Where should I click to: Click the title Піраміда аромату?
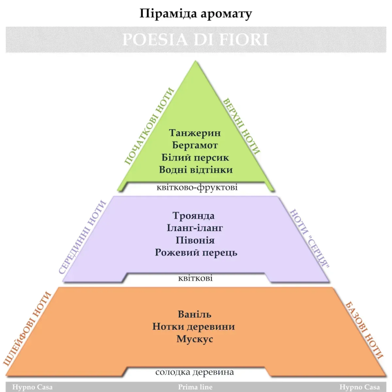pyautogui.click(x=196, y=14)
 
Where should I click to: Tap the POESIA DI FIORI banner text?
pyautogui.click(x=196, y=39)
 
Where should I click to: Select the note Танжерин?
pyautogui.click(x=195, y=133)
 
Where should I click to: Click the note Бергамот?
pyautogui.click(x=195, y=145)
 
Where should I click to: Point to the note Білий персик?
pyautogui.click(x=195, y=157)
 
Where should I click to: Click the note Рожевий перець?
pyautogui.click(x=196, y=252)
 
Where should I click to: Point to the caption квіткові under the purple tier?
pyautogui.click(x=195, y=278)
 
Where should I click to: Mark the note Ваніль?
pyautogui.click(x=194, y=314)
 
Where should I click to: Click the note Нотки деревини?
pyautogui.click(x=194, y=327)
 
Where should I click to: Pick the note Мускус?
pyautogui.click(x=194, y=339)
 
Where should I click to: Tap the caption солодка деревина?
pyautogui.click(x=194, y=372)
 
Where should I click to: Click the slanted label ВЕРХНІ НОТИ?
pyautogui.click(x=242, y=126)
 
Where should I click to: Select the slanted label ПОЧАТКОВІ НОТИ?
pyautogui.click(x=150, y=126)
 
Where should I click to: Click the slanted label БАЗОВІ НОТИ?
pyautogui.click(x=364, y=330)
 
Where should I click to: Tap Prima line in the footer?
pyautogui.click(x=195, y=387)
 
